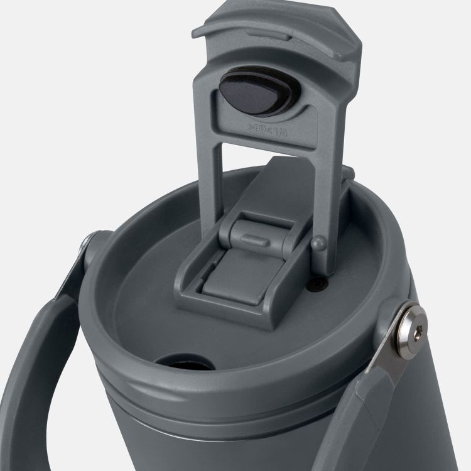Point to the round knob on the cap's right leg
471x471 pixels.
[x=318, y=245]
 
